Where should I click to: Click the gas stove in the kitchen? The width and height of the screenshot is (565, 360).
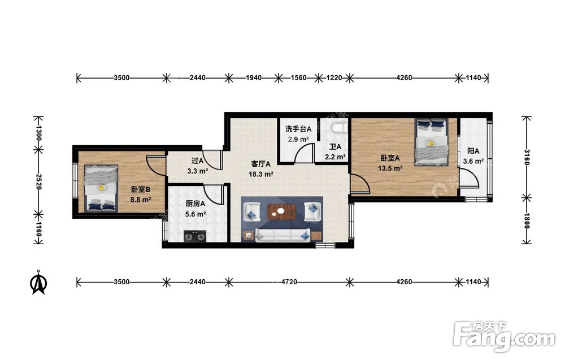[195, 236]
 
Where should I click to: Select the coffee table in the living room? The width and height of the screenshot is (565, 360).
[282, 212]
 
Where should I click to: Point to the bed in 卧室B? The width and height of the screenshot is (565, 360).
[101, 188]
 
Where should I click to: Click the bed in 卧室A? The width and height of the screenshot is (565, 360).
[431, 142]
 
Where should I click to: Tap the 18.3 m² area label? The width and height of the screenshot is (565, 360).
[260, 175]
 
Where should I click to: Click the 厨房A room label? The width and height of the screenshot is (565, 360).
[195, 203]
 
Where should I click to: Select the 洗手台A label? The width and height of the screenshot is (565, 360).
[298, 129]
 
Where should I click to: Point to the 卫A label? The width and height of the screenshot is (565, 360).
[335, 147]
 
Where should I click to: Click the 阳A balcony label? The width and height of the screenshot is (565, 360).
[473, 151]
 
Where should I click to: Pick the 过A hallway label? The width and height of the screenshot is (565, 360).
[197, 161]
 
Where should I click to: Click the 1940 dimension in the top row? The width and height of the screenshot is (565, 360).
[254, 77]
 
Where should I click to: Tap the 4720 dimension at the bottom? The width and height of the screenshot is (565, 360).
[289, 282]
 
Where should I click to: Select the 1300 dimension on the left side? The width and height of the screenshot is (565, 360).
[39, 133]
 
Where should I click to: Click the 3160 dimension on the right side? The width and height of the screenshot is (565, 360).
[527, 157]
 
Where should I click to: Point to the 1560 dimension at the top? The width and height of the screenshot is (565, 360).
[298, 77]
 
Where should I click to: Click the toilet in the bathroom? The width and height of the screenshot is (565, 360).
[340, 127]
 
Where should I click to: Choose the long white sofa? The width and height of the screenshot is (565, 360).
[282, 235]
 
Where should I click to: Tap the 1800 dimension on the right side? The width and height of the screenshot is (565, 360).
[527, 221]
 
